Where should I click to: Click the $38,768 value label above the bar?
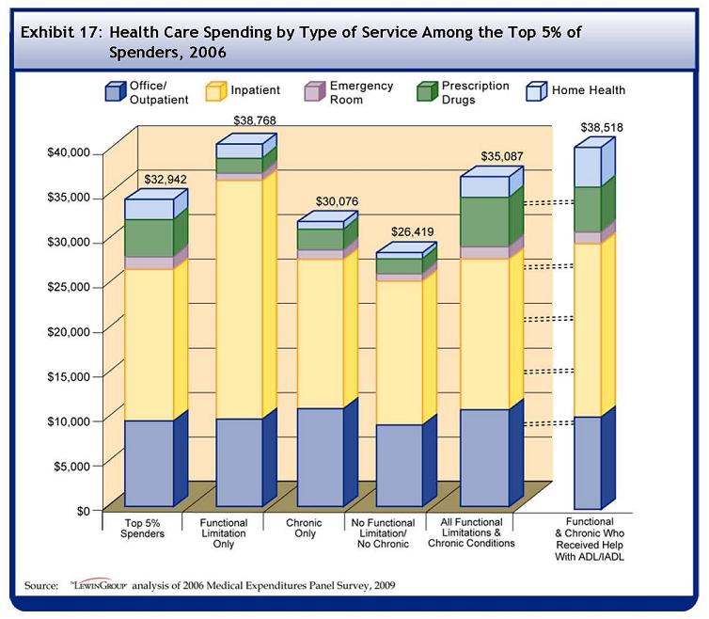(254, 121)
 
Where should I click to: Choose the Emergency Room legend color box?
(314, 91)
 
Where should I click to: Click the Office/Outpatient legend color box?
(115, 91)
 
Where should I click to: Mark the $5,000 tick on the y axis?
(70, 466)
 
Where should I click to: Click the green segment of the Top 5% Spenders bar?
(149, 238)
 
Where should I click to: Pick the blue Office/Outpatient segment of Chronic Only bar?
(320, 456)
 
